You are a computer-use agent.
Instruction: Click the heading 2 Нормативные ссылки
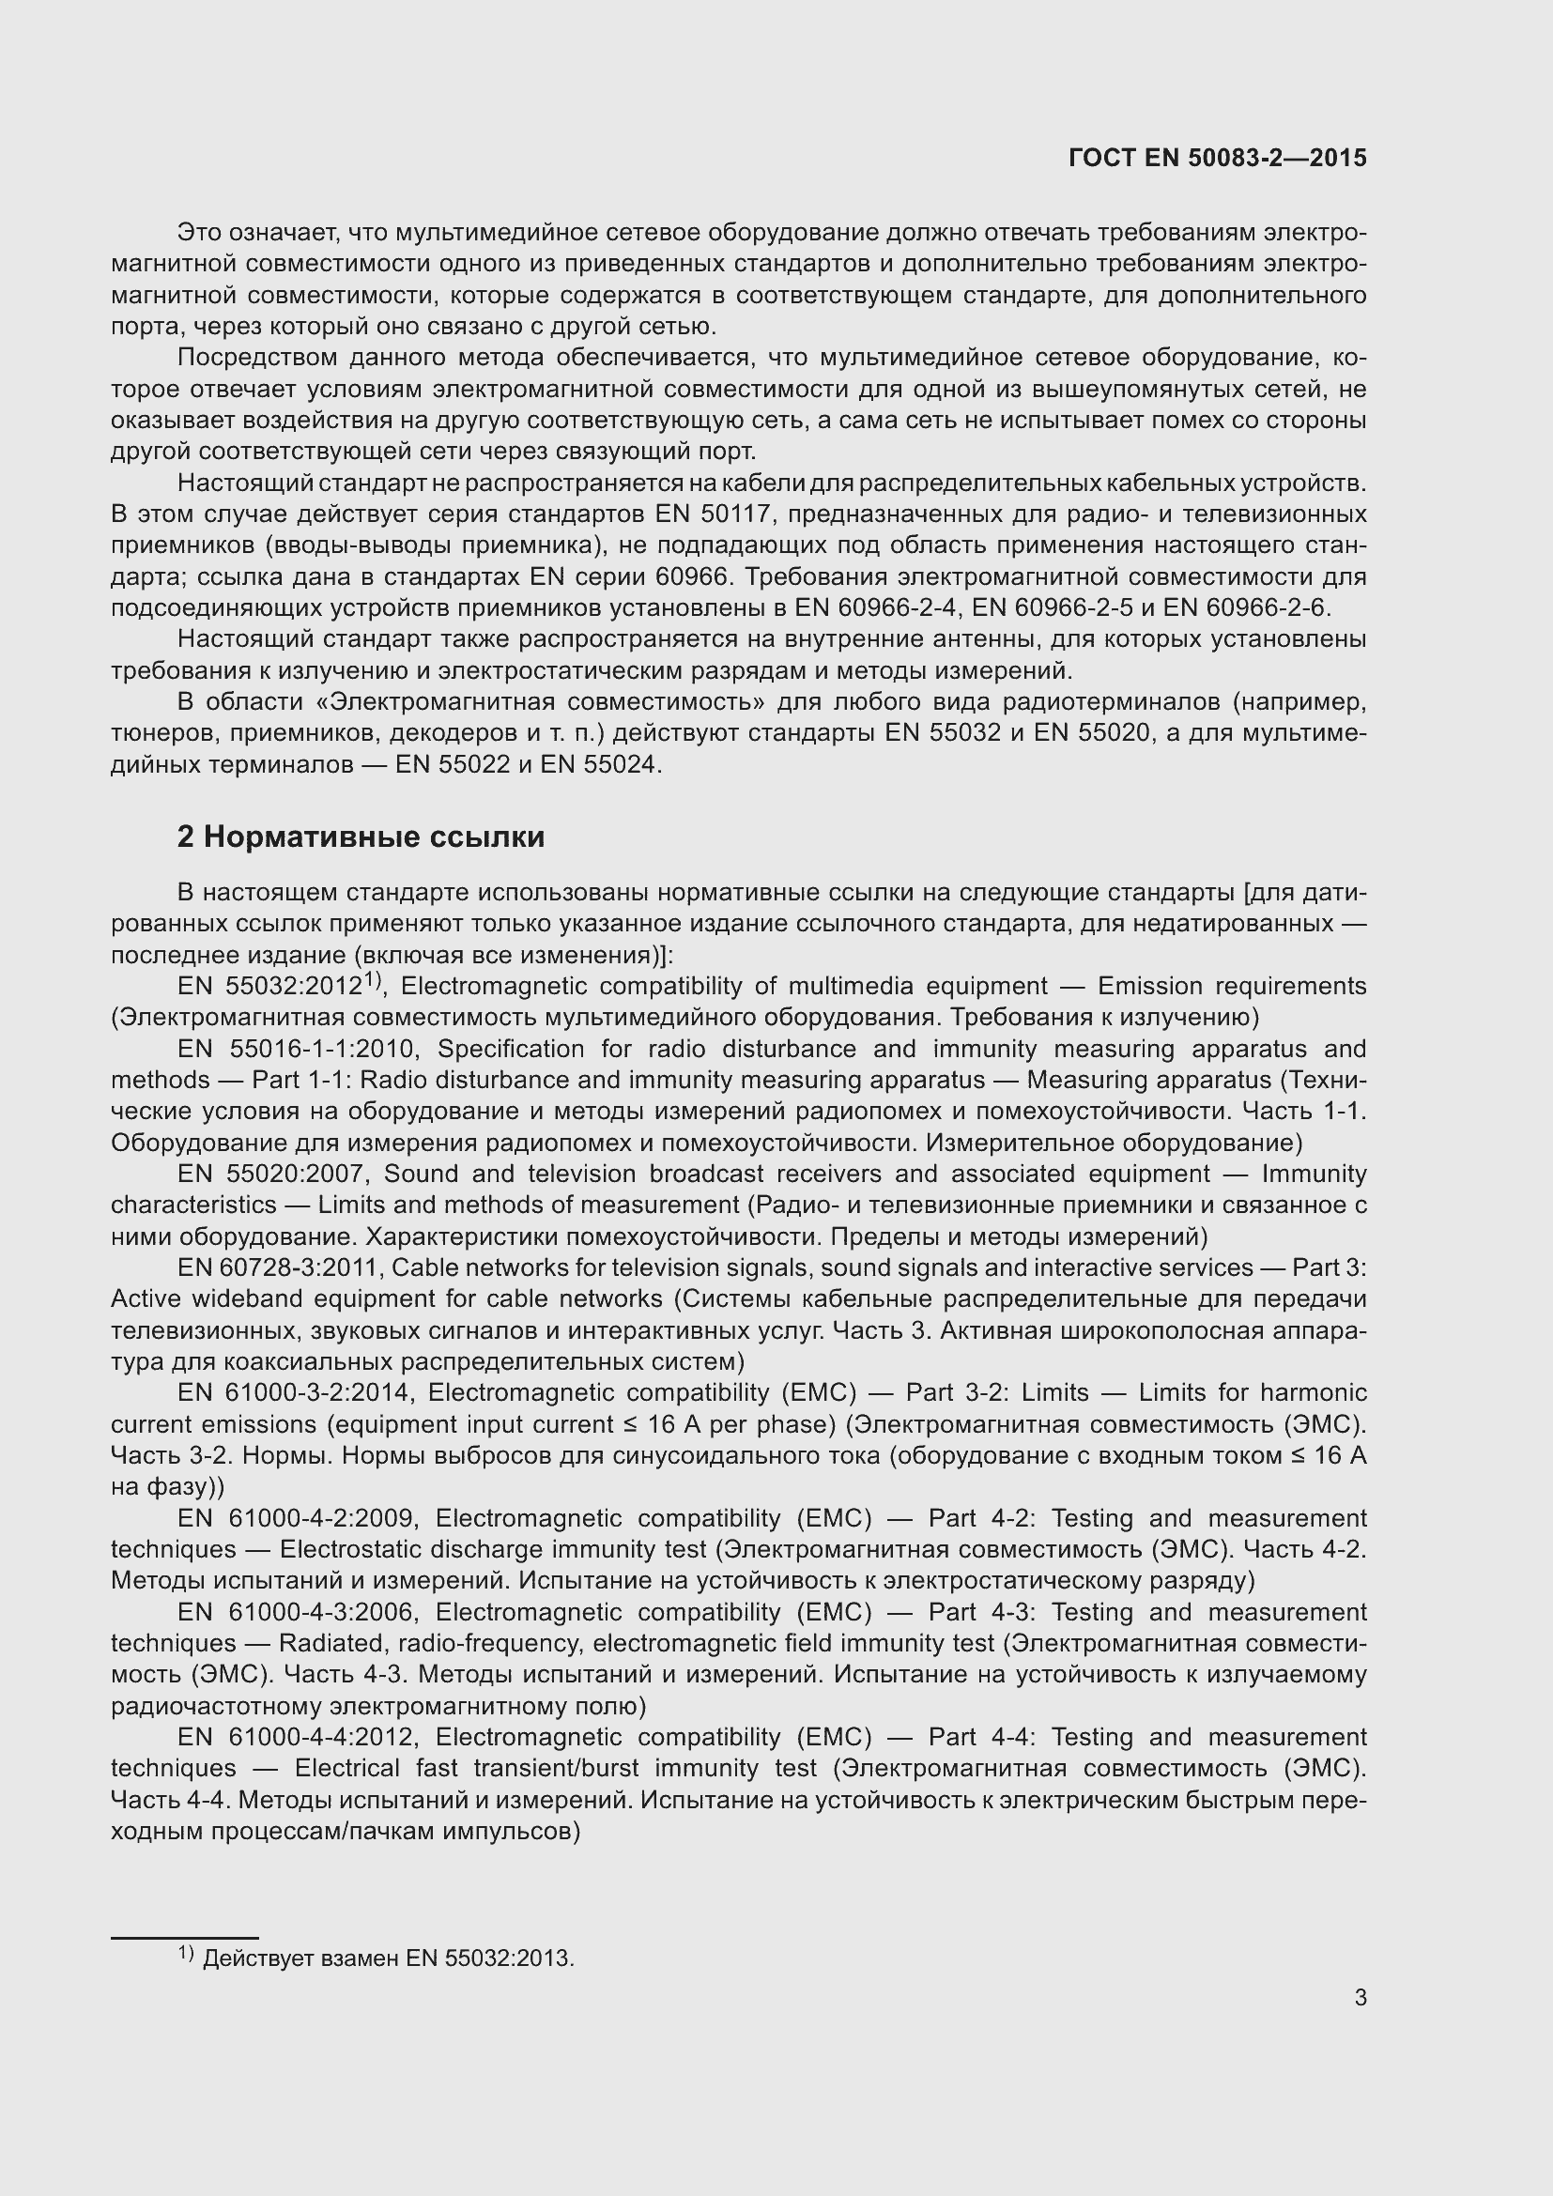coord(361,837)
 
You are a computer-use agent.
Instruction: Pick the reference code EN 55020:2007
coord(280,1174)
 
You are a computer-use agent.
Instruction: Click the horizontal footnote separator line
coord(185,1938)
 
